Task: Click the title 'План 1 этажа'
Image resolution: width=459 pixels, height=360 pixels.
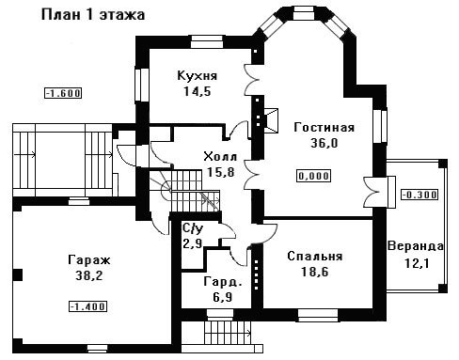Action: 93,15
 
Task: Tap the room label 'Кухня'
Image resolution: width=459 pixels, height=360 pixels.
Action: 198,76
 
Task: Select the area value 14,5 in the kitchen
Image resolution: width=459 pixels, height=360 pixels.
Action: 198,91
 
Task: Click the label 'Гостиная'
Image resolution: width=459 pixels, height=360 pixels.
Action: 324,127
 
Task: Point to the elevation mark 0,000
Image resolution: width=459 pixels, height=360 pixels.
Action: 314,176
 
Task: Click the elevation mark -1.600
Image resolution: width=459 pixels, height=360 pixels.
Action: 63,93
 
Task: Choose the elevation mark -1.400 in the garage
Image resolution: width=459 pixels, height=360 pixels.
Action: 87,306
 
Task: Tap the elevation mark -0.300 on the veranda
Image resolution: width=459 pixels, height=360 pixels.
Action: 419,195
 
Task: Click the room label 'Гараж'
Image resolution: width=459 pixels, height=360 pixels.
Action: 89,260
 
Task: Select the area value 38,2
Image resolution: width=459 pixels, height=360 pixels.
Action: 89,275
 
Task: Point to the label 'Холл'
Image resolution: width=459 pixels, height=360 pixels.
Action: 220,156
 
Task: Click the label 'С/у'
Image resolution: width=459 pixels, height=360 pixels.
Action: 193,229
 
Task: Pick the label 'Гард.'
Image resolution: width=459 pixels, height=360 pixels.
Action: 223,282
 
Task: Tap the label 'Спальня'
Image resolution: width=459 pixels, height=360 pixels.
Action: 315,257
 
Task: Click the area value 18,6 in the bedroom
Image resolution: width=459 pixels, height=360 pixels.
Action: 315,272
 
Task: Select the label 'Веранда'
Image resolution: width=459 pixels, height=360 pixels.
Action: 416,246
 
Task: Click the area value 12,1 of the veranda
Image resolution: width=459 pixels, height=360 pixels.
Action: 416,263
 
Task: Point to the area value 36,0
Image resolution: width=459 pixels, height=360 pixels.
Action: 324,143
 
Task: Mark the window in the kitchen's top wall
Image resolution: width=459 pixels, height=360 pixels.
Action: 207,42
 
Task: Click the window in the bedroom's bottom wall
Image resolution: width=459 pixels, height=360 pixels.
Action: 318,315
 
